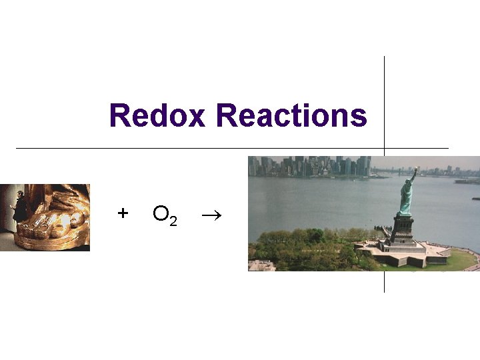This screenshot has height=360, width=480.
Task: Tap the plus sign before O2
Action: click(122, 213)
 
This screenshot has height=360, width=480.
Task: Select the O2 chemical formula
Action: click(164, 214)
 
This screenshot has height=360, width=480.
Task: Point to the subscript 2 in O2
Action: click(173, 221)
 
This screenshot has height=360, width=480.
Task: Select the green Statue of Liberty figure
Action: click(405, 197)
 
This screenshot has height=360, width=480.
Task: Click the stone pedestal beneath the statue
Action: click(402, 228)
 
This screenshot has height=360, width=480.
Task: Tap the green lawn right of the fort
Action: click(460, 260)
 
